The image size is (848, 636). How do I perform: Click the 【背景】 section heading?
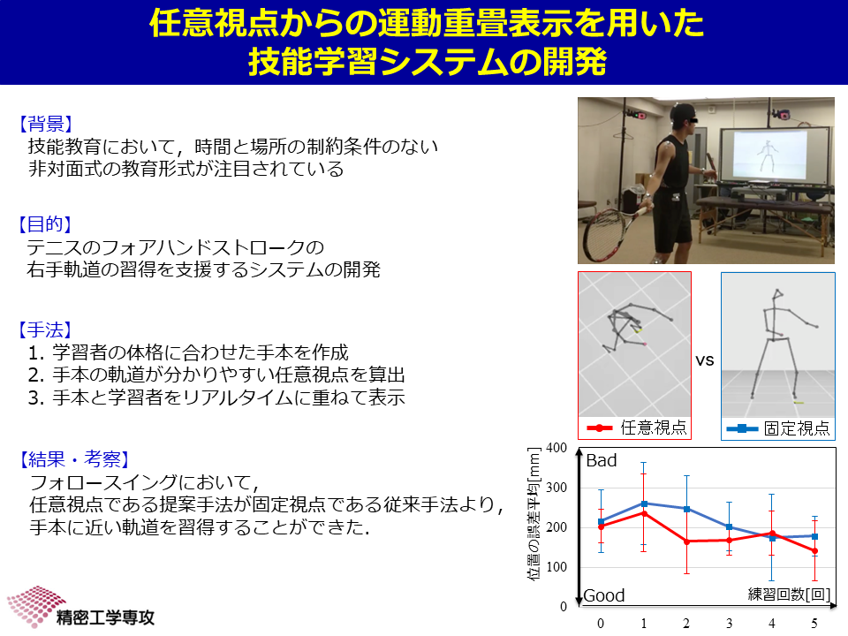45,124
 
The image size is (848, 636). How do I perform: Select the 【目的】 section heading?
45,223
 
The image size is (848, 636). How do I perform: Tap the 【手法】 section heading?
45,329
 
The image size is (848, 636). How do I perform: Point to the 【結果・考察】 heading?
74,459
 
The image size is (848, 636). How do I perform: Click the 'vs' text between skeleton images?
705,360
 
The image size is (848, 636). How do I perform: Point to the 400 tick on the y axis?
556,448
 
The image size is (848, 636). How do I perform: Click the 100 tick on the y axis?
556,567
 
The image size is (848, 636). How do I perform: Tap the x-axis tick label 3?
729,624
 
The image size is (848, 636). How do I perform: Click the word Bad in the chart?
602,460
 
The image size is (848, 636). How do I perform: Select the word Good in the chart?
603,595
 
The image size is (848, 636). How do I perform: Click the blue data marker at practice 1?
644,503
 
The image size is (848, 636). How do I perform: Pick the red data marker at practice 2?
686,541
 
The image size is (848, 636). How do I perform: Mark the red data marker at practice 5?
814,551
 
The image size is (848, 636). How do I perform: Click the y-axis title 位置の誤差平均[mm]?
534,514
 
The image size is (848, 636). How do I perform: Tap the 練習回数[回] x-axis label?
789,594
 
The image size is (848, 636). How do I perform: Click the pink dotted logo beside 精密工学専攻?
35,604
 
